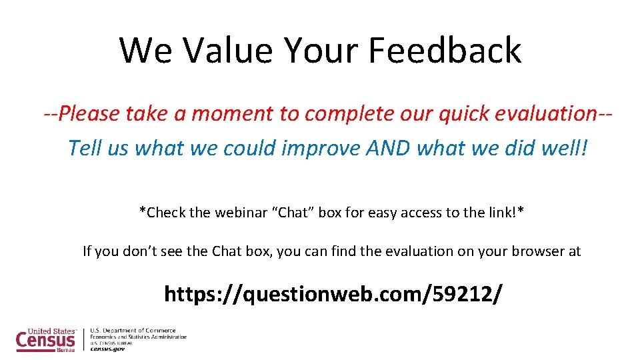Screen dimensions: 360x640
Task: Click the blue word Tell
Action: click(x=84, y=147)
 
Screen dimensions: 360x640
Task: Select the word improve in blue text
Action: click(x=322, y=147)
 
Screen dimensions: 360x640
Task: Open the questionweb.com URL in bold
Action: click(x=333, y=293)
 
